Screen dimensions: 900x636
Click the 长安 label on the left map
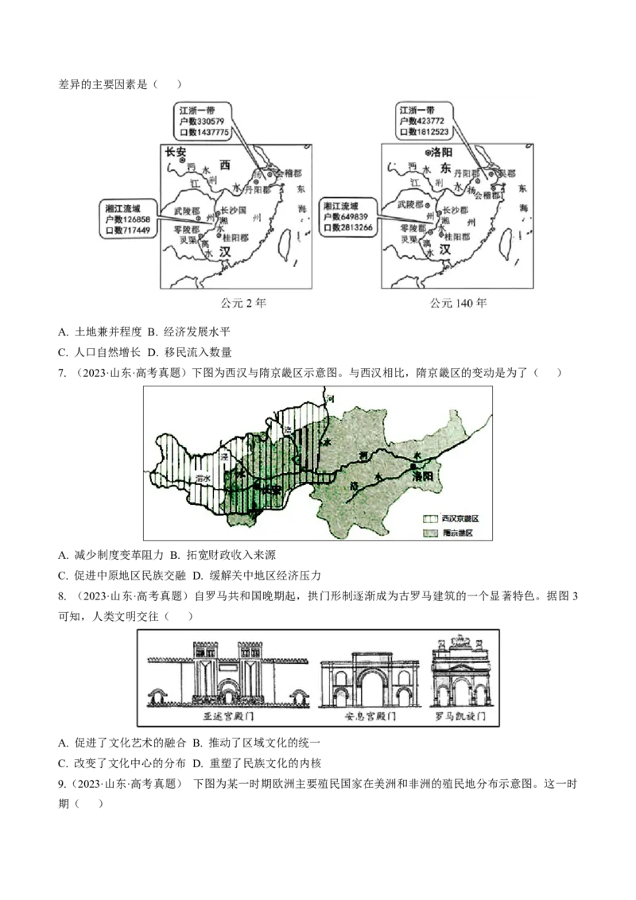click(x=176, y=151)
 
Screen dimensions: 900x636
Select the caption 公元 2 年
click(x=242, y=303)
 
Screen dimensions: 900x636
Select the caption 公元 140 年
click(x=459, y=303)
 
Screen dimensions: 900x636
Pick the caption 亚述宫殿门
click(x=229, y=716)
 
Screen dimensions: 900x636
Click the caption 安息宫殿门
click(x=370, y=716)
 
